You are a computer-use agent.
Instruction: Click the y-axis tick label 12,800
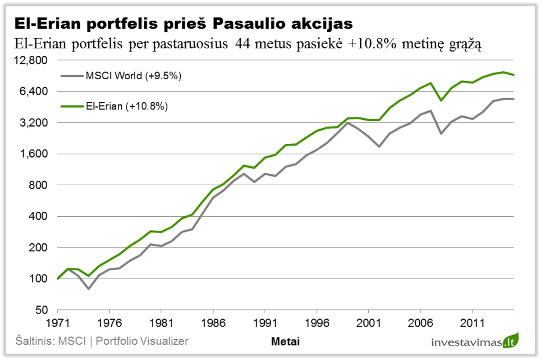(33, 60)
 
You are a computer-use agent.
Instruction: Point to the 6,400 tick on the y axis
(36, 91)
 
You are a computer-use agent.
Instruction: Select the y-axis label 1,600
(36, 154)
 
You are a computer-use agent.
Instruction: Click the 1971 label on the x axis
(58, 324)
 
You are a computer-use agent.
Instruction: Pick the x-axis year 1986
(213, 324)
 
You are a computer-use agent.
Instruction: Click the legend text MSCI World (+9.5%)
(133, 76)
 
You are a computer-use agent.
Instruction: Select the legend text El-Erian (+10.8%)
(127, 106)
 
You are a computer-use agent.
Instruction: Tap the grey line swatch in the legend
(72, 76)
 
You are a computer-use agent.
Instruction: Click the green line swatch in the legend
(72, 106)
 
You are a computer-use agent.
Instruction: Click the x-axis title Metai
(285, 342)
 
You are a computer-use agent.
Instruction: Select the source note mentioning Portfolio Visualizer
(101, 341)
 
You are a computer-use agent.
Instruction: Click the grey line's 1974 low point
(89, 289)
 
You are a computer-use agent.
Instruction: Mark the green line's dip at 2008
(441, 100)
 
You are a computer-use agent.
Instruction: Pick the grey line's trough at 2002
(379, 146)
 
